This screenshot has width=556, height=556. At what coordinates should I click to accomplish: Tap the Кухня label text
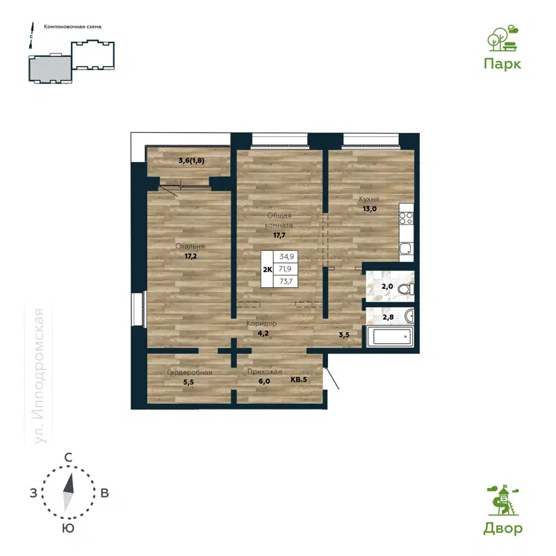(x=368, y=199)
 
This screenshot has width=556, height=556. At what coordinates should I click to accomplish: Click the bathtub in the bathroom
(x=391, y=338)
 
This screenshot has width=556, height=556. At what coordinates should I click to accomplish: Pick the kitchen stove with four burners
(x=406, y=220)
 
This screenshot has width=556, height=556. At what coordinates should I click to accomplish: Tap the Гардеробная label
(x=189, y=373)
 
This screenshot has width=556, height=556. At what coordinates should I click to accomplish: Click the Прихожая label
(x=264, y=373)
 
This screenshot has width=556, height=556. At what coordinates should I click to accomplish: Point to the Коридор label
(x=262, y=325)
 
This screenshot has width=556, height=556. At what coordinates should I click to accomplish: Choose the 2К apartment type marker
(x=267, y=269)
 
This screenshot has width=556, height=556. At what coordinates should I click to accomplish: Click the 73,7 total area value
(x=286, y=281)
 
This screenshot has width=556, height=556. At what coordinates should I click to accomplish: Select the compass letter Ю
(x=68, y=528)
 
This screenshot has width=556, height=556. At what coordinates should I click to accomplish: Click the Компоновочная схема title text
(x=72, y=26)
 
